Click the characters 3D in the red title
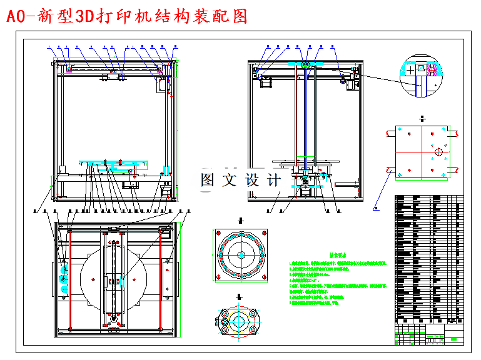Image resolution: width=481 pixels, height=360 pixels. click(83, 16)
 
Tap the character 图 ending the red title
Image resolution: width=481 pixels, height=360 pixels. click(240, 16)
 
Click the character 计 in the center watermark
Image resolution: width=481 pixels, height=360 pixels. click(273, 181)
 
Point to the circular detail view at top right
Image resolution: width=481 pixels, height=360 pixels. click(423, 76)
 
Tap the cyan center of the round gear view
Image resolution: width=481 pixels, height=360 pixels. click(241, 255)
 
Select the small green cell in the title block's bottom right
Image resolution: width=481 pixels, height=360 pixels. click(453, 340)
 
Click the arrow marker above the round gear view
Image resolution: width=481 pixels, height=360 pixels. click(241, 221)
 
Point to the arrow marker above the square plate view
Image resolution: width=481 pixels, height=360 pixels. click(423, 118)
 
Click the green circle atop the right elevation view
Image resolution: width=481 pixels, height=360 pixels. click(305, 64)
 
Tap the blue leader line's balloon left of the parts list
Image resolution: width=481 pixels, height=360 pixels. click(375, 207)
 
